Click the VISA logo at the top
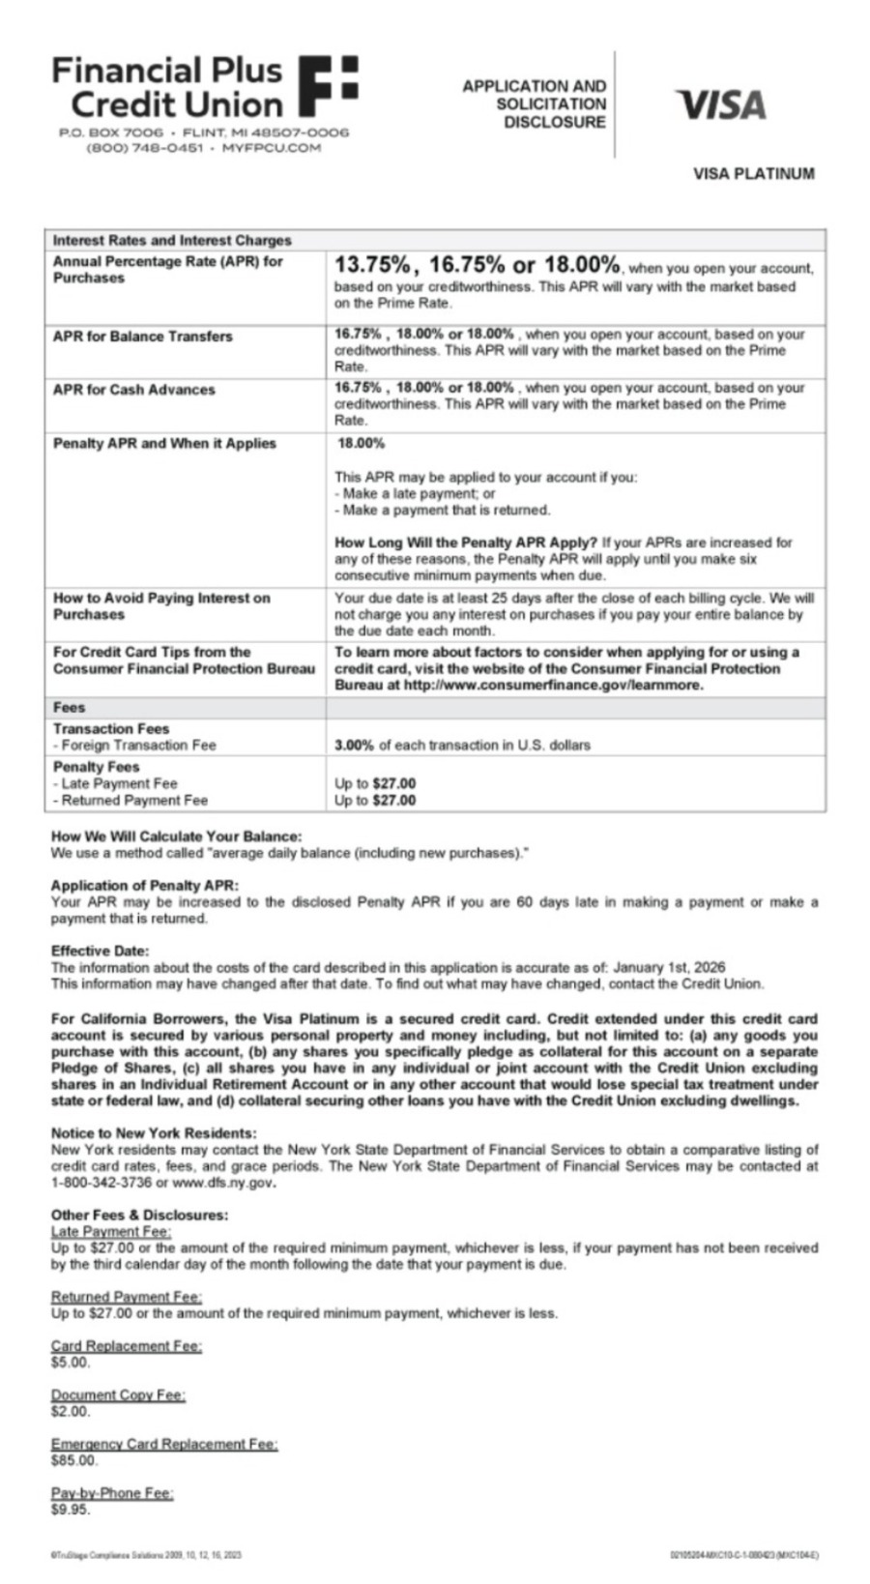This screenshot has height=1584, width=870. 721,104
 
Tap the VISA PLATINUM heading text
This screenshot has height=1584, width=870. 753,174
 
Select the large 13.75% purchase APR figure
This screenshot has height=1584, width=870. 372,264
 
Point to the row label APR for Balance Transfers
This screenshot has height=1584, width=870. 142,337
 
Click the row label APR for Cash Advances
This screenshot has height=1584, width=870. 133,390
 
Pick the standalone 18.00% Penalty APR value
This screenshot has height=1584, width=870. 362,444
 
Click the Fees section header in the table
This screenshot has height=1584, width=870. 69,708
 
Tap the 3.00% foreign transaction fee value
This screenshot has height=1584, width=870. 354,746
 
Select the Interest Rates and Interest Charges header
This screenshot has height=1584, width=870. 172,240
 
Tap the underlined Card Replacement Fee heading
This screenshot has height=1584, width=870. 126,1346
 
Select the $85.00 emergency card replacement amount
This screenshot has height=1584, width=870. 74,1460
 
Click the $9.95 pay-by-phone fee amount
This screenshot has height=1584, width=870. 71,1510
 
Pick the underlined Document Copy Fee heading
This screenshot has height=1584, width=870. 118,1394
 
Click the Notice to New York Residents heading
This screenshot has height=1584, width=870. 154,1133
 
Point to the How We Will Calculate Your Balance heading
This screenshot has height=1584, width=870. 176,836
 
